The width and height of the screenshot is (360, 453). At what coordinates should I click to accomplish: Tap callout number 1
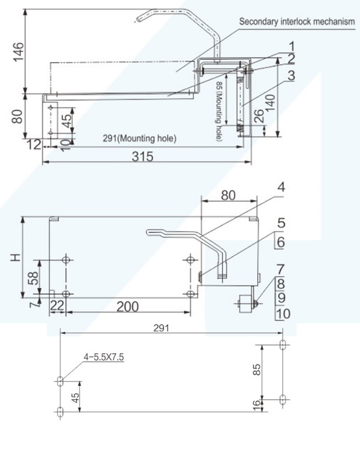click(x=292, y=46)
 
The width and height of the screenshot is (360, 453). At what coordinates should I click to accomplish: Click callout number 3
click(x=292, y=76)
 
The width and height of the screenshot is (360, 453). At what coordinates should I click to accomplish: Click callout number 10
click(x=283, y=314)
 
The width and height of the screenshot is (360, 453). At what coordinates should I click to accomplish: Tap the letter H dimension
click(x=16, y=257)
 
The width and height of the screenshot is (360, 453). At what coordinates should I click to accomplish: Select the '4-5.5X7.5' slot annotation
click(x=103, y=358)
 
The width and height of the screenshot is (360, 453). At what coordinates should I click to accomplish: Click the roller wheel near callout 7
click(x=245, y=303)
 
